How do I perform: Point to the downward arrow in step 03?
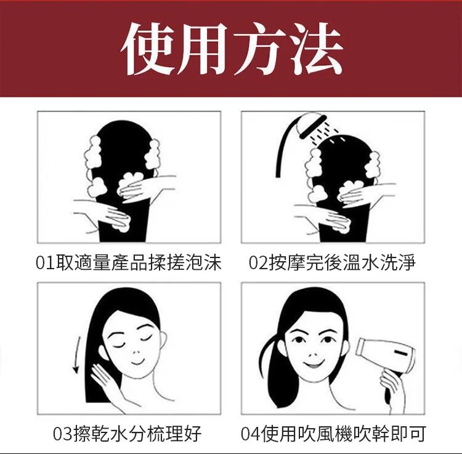click(x=77, y=355)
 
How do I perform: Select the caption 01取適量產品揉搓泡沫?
click(x=129, y=262)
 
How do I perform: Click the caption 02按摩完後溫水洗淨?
click(x=332, y=262)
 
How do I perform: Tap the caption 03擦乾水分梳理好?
click(x=128, y=434)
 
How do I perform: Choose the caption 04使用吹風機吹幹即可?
click(x=333, y=434)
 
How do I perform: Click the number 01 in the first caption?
click(x=45, y=263)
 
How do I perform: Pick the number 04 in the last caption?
click(x=251, y=434)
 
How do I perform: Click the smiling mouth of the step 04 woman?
click(x=314, y=364)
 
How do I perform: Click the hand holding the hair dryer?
click(x=389, y=386)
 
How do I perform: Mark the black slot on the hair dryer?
click(x=401, y=353)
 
